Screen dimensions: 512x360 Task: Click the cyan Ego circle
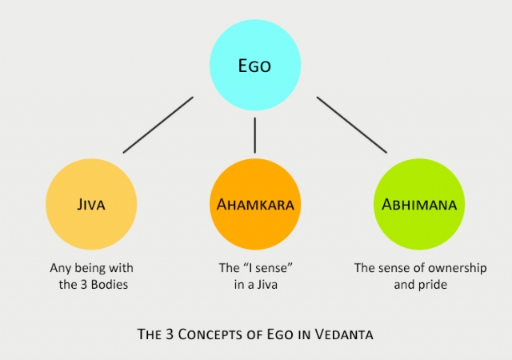[255, 65]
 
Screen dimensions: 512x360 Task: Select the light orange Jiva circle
[91, 204]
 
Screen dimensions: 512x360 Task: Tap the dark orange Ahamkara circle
[255, 204]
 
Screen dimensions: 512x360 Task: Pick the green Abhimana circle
[419, 204]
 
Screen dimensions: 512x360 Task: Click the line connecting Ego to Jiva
[158, 125]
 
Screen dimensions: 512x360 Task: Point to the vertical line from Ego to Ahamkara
[255, 135]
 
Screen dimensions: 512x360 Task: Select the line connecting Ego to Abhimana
[352, 125]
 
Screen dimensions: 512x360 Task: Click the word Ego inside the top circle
[254, 66]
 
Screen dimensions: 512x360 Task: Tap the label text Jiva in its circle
[91, 205]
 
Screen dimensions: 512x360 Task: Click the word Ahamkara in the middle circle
[255, 205]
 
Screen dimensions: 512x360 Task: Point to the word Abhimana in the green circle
[419, 205]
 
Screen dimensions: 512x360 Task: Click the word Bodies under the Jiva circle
[110, 285]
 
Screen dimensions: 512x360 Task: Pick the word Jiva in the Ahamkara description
[266, 285]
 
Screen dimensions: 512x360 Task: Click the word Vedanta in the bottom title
[344, 334]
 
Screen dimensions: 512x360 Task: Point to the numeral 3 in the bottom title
[169, 334]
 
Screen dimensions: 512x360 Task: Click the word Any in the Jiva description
[61, 269]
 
